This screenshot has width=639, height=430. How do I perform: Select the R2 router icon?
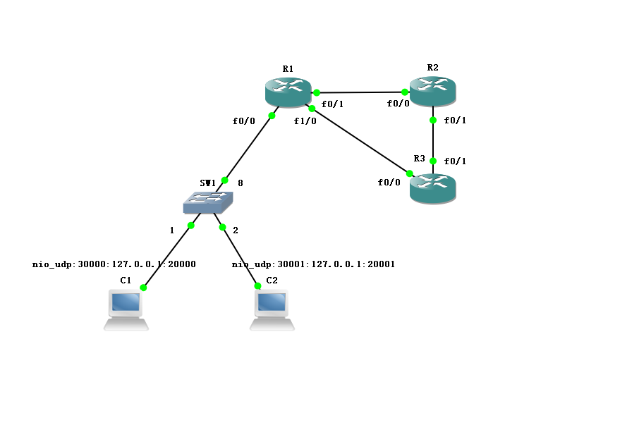(433, 90)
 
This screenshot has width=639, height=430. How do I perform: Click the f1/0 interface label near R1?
(305, 121)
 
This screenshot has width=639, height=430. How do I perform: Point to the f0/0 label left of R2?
(398, 104)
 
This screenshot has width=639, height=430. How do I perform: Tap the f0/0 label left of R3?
(389, 183)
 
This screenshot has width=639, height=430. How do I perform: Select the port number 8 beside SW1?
(240, 183)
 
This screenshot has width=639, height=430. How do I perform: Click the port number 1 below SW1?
(171, 230)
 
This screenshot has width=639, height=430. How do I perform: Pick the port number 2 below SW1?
(236, 230)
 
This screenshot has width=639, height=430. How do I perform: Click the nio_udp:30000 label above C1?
(114, 265)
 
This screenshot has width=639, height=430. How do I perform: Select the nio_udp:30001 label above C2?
(313, 265)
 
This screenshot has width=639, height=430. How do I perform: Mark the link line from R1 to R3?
(360, 140)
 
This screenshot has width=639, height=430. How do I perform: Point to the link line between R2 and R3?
(433, 140)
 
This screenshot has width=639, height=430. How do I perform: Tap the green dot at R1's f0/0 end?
(272, 116)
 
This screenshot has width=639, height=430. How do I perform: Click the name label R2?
(432, 68)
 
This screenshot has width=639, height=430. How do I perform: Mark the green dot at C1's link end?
(143, 288)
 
